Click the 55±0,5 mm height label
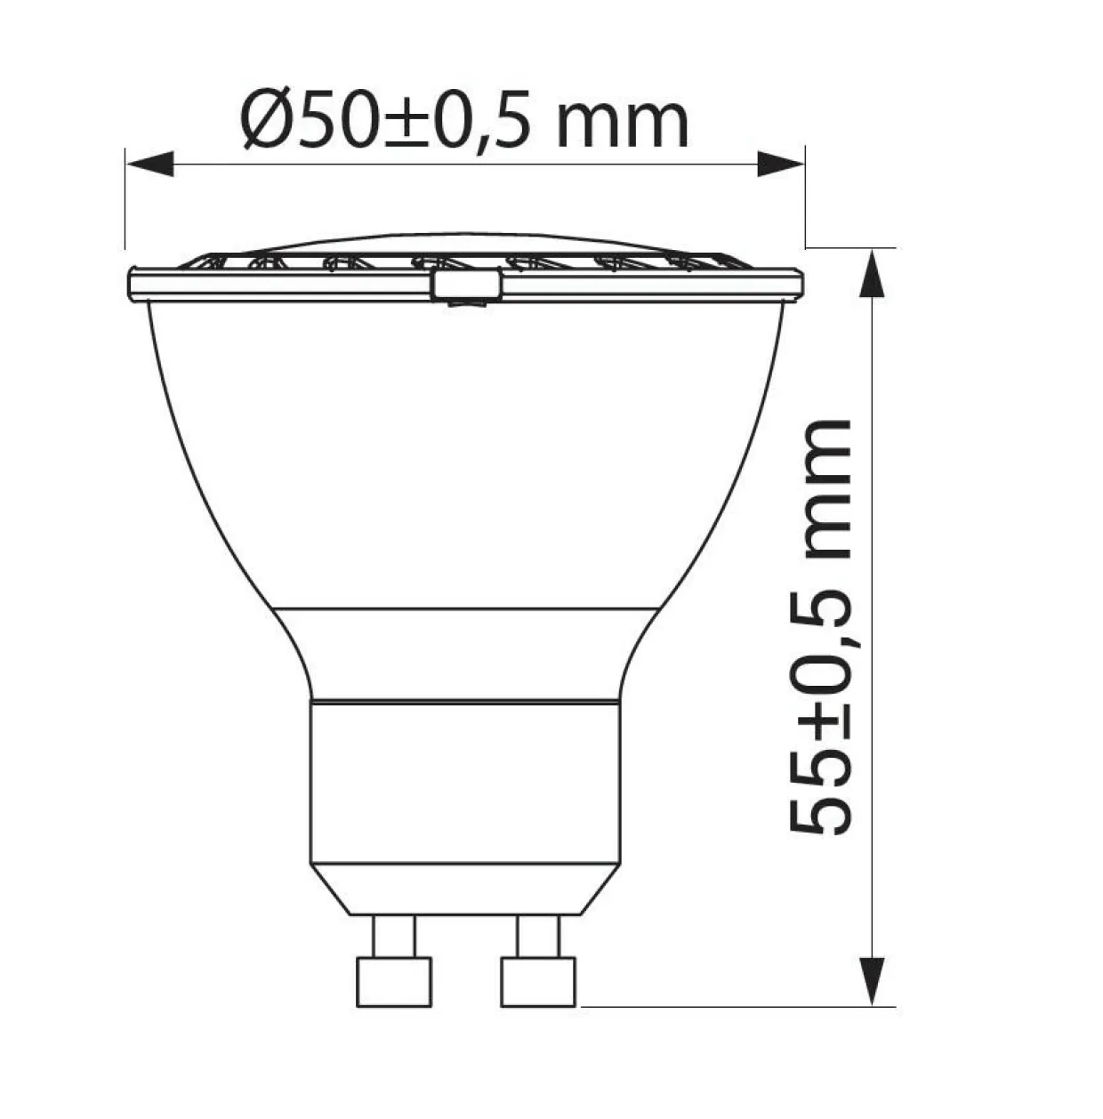819,627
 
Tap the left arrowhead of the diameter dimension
149,165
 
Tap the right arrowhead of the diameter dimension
781,165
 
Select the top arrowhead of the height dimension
873,273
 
